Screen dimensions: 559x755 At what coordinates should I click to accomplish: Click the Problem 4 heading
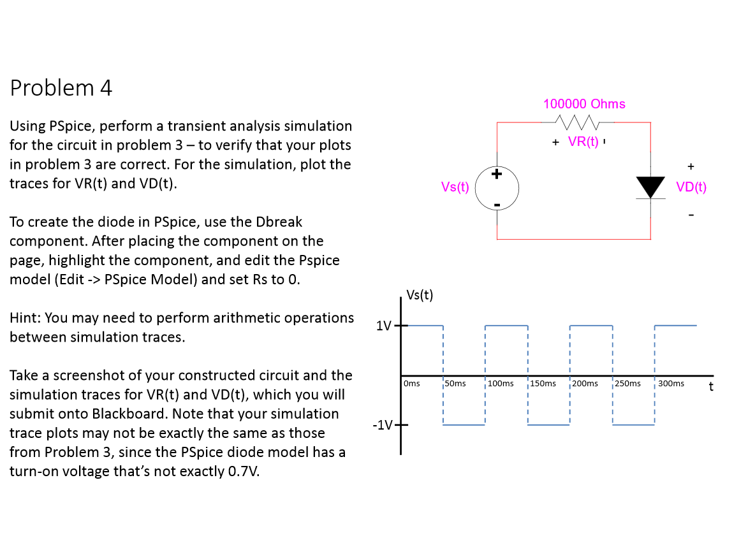61,88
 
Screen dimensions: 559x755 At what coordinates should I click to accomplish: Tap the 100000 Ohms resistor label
584,104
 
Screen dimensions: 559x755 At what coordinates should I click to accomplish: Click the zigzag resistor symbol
576,121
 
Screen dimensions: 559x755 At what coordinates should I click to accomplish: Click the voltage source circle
497,187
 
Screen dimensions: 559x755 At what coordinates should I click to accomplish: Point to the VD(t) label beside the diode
691,187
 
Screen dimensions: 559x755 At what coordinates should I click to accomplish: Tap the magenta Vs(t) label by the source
455,187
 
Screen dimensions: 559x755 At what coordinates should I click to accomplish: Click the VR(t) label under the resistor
583,142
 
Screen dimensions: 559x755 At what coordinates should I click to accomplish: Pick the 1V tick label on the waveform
384,326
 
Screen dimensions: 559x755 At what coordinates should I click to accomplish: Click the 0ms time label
412,384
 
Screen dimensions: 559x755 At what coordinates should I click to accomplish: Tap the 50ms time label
455,384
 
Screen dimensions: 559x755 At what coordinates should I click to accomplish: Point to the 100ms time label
501,384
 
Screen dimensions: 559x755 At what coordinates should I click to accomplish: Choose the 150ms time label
543,384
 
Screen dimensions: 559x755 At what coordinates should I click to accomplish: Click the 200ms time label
585,384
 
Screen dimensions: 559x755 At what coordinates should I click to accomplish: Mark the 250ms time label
627,384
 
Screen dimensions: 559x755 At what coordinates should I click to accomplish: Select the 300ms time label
671,384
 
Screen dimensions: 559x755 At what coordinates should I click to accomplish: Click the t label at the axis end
710,386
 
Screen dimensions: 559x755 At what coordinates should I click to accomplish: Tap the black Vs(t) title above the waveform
420,294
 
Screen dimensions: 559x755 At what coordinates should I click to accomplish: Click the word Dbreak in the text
279,222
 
